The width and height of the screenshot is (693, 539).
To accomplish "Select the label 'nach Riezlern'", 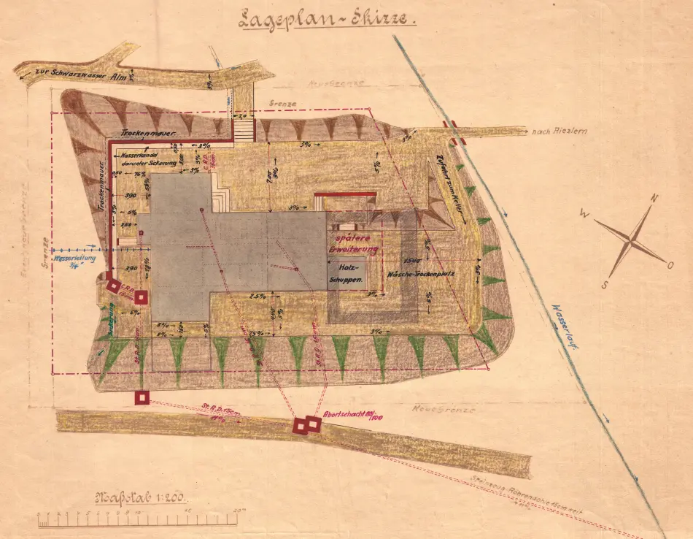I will click(560, 131).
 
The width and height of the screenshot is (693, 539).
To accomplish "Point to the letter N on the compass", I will click(654, 199).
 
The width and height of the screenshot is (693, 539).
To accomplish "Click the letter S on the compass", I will click(605, 284).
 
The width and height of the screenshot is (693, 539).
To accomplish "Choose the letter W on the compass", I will click(585, 213).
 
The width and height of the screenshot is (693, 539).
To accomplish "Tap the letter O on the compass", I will click(670, 265).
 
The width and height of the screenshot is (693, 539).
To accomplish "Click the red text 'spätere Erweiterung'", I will click(355, 244).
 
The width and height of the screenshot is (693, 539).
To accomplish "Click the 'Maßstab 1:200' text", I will click(140, 499).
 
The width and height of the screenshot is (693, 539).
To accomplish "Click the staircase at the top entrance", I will click(244, 128).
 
